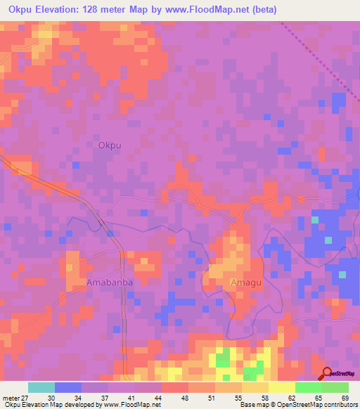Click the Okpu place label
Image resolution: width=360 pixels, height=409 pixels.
pyautogui.click(x=110, y=145)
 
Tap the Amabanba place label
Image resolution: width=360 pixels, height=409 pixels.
pyautogui.click(x=110, y=282)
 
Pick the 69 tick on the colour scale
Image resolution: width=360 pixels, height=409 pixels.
pyautogui.click(x=345, y=397)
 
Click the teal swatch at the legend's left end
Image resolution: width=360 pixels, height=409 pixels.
pyautogui.click(x=41, y=387)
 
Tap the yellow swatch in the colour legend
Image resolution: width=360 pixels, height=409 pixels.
pyautogui.click(x=281, y=387)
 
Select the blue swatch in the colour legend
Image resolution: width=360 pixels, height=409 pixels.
pyautogui.click(x=68, y=387)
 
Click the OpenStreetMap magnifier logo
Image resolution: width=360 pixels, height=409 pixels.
pyautogui.click(x=326, y=374)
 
